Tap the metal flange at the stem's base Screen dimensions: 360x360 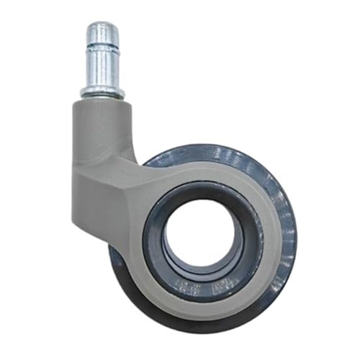point(102,91)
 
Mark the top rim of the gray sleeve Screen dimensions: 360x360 point(102,102)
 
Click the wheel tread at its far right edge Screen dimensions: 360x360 point(291,230)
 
